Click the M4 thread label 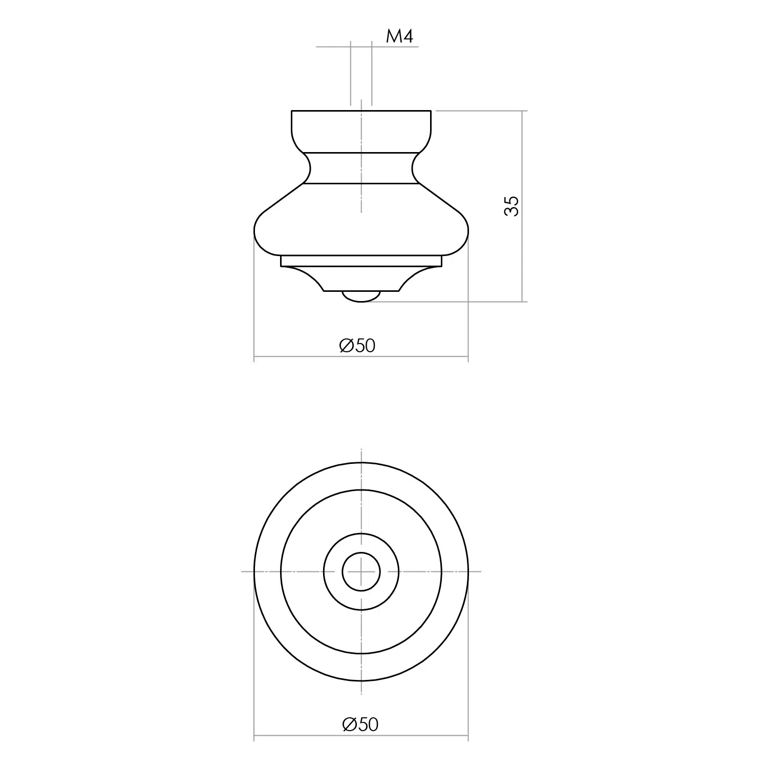(x=399, y=36)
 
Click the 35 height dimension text (x=511, y=206)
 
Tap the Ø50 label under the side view (x=357, y=346)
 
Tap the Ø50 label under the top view (x=360, y=724)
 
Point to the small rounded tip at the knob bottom (x=361, y=296)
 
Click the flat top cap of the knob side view (x=361, y=131)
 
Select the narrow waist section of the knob (x=361, y=167)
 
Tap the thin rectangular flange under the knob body (x=361, y=261)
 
